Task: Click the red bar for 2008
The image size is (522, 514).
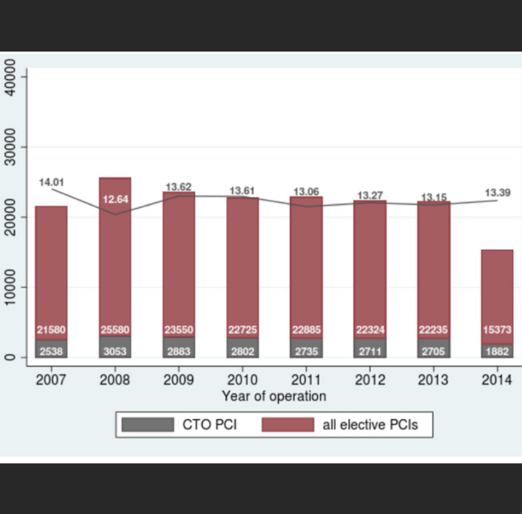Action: [x=115, y=257]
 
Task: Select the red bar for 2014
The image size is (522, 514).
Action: [x=497, y=289]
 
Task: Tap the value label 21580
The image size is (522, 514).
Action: [x=51, y=330]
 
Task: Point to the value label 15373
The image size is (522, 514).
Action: [x=497, y=330]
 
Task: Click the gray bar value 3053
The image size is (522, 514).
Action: [x=115, y=351]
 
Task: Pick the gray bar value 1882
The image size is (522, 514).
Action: [x=497, y=351]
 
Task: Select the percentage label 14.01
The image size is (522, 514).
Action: [x=51, y=182]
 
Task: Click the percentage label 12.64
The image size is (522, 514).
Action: [x=115, y=199]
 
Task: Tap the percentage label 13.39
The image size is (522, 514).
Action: [x=498, y=193]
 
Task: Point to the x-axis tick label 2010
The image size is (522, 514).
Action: [x=243, y=379]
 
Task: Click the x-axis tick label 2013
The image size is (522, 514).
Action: [x=434, y=379]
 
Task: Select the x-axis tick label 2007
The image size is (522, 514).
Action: [x=51, y=379]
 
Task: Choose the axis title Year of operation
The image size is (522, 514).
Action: [x=274, y=396]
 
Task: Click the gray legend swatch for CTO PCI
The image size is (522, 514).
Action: [x=148, y=425]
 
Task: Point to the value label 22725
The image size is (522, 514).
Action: [x=243, y=330]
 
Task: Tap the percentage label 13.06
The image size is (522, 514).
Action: [x=306, y=192]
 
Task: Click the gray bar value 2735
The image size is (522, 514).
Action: [x=306, y=351]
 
